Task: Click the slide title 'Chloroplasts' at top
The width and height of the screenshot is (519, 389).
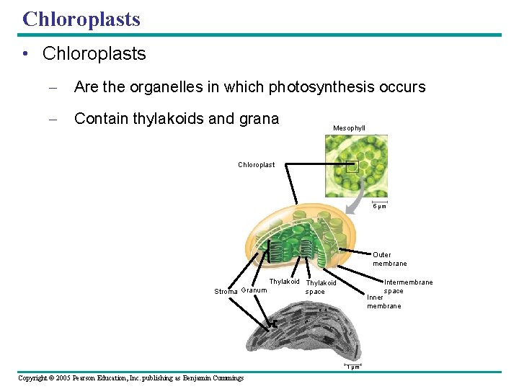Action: click(81, 19)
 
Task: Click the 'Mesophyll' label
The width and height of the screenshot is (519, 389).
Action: click(349, 128)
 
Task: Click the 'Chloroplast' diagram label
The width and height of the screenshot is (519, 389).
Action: click(256, 165)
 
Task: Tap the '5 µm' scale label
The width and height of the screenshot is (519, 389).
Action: click(379, 207)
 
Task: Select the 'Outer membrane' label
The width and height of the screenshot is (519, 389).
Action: click(389, 259)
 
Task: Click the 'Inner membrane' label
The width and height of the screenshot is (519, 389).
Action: click(383, 301)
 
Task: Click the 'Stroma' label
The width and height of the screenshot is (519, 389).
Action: click(226, 292)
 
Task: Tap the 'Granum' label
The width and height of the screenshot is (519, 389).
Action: click(254, 290)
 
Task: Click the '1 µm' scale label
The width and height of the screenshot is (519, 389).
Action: click(353, 367)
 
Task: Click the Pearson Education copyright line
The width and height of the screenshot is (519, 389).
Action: click(130, 378)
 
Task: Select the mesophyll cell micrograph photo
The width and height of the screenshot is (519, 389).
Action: click(355, 166)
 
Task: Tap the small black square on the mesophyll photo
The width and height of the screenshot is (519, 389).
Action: click(352, 166)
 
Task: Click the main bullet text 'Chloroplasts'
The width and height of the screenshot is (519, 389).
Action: click(94, 54)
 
